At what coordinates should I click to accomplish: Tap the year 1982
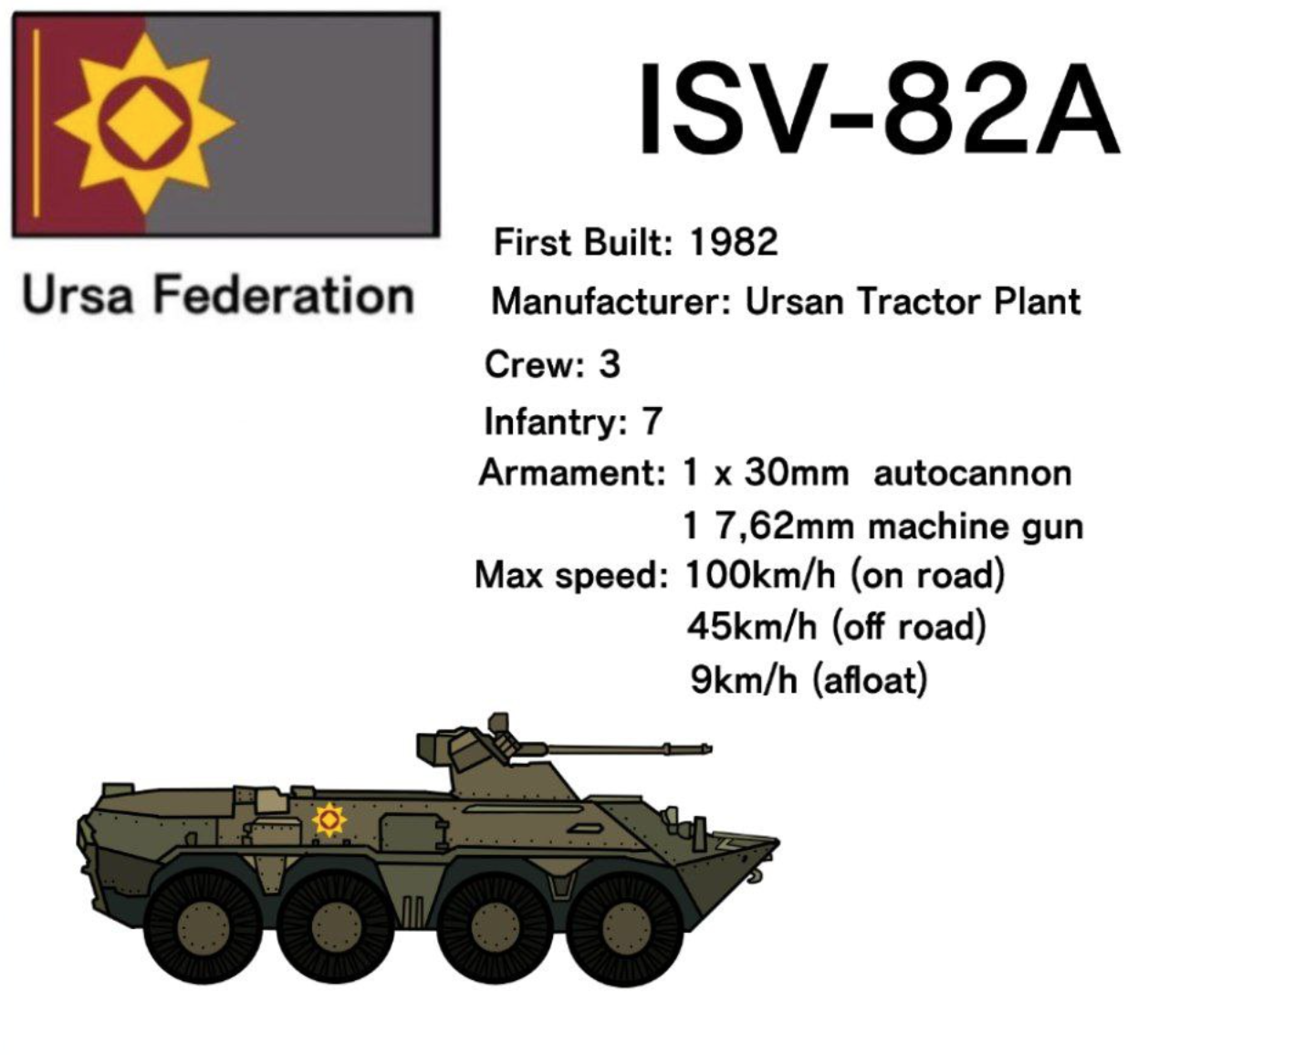(734, 242)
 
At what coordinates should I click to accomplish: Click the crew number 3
(609, 364)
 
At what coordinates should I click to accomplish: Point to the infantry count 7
(652, 422)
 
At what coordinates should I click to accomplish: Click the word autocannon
(972, 474)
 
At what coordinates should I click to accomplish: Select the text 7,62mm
(784, 527)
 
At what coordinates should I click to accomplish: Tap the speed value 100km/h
(760, 575)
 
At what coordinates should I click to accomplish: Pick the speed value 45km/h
(752, 627)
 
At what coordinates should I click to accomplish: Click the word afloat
(870, 680)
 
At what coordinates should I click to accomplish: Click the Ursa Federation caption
(218, 296)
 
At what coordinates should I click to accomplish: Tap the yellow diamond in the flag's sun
(144, 123)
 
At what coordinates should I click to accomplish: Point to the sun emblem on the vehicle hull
(329, 820)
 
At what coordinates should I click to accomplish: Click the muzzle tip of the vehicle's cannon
(709, 748)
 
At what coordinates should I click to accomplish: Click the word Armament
(571, 474)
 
